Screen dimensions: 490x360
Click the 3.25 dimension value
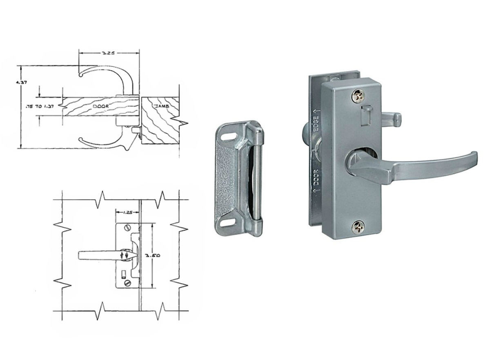tap(108, 53)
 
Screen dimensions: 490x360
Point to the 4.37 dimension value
tap(21, 83)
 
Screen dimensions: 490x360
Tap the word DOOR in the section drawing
tap(101, 106)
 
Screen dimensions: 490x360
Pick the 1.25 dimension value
tap(127, 212)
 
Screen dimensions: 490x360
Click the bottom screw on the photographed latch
tap(358, 228)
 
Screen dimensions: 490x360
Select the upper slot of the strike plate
tap(229, 137)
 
